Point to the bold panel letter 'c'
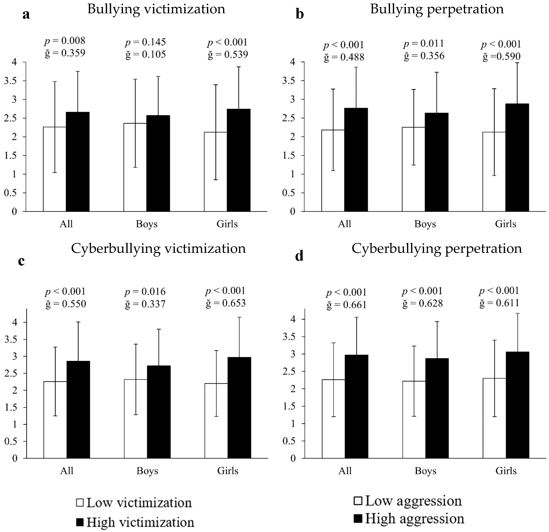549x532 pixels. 21,261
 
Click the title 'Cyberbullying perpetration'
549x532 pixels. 437,248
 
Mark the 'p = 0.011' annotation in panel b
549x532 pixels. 424,44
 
